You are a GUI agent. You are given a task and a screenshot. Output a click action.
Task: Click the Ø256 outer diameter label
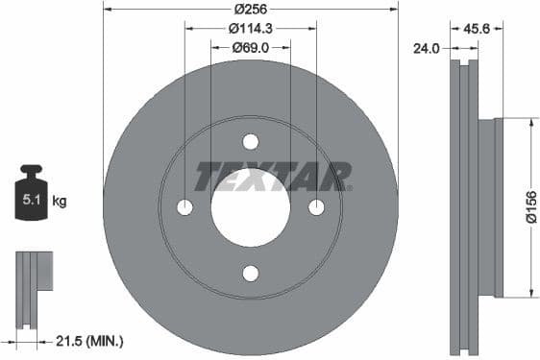click(250, 11)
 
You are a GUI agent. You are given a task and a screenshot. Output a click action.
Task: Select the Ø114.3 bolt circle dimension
click(250, 28)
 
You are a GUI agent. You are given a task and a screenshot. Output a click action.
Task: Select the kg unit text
click(61, 202)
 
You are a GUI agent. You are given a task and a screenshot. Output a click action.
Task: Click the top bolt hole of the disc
click(251, 142)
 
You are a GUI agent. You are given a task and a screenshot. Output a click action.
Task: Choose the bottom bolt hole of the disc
click(251, 273)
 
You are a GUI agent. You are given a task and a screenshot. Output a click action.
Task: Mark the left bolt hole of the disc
click(185, 207)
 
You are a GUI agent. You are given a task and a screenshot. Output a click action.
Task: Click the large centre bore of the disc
click(251, 207)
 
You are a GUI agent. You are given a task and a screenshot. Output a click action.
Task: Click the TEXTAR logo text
click(273, 177)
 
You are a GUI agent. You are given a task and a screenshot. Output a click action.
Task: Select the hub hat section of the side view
click(492, 207)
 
